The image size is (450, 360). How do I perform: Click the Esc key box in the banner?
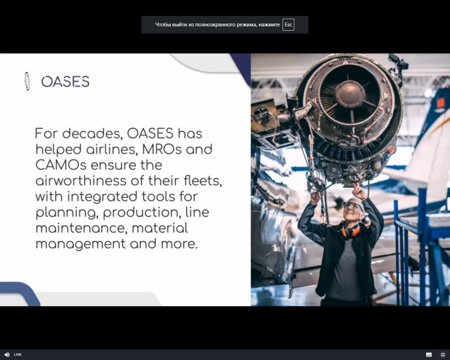point(288,25)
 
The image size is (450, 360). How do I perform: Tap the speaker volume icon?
point(7,354)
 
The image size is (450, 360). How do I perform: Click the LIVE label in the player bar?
point(18,354)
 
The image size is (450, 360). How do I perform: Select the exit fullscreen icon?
point(443,354)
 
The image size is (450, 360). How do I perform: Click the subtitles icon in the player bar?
point(429,354)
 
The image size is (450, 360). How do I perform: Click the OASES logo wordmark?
point(65,81)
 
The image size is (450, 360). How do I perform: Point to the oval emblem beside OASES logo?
point(27,81)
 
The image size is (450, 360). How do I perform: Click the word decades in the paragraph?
point(92,133)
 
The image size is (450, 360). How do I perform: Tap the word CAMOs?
point(61,165)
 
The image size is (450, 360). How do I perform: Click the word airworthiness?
point(81,180)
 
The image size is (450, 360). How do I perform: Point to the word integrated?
point(102,197)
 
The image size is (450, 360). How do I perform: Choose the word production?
point(142,213)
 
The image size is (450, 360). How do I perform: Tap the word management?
point(81,244)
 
